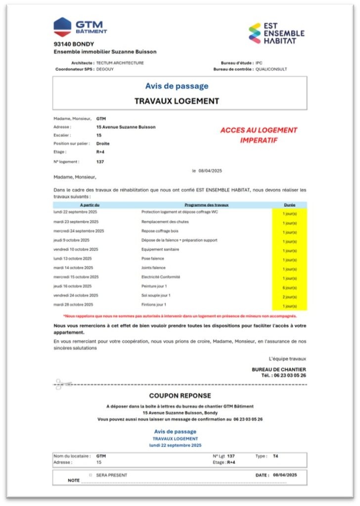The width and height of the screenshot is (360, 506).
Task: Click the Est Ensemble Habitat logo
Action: pos(276,33)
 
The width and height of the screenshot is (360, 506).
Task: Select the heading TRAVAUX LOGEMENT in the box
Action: pos(177,101)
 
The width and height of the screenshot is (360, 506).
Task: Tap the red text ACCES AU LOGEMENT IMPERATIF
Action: pos(259,135)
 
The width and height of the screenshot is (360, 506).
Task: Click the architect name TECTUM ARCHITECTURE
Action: pos(120,63)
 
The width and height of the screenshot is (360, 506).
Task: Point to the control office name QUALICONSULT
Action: pos(271,69)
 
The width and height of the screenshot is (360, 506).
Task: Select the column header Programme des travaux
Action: pos(207,204)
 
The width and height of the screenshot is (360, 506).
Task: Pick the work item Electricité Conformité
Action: pos(161,277)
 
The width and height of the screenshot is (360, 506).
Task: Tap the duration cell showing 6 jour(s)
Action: pos(290,288)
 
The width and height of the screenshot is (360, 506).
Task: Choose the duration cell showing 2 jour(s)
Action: pos(290,297)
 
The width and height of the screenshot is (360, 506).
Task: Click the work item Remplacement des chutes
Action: pos(165,221)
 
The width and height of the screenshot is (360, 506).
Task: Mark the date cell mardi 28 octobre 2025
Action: pos(73,304)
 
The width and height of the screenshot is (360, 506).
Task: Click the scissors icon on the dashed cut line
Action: pos(63,384)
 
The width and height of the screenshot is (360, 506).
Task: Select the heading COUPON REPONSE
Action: pos(180,396)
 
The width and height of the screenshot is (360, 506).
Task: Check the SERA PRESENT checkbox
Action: pos(90,475)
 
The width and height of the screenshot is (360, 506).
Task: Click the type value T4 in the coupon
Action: pos(275,456)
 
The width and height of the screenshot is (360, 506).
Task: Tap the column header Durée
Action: pos(290,204)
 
